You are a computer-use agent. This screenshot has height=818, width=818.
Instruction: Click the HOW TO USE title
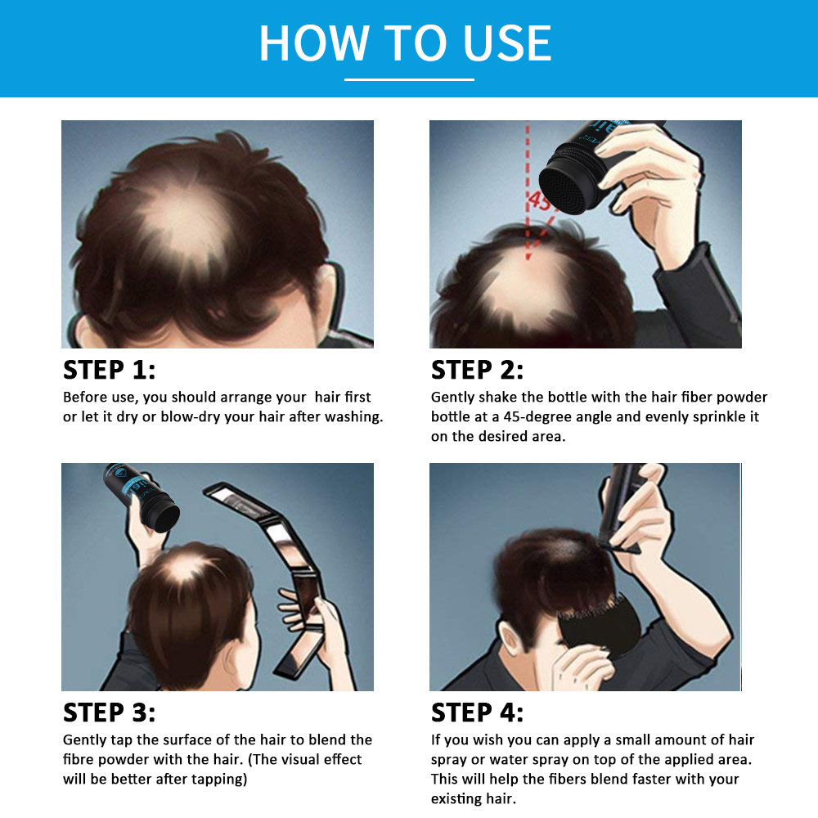coord(406,43)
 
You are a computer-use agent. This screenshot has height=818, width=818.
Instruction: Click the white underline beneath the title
coord(409,79)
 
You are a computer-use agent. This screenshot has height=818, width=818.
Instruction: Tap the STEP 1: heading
coord(109,370)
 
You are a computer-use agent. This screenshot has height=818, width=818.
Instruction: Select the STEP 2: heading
coord(477,370)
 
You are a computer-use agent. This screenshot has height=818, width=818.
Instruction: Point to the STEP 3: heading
coord(109,712)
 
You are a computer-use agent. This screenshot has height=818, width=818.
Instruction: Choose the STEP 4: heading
coord(477,712)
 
